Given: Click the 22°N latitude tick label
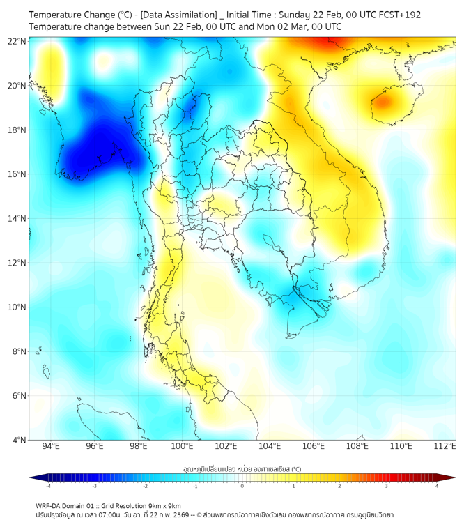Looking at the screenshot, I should (17, 41).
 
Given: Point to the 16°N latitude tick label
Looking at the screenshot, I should (17, 174).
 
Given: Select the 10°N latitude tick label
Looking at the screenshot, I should (17, 307).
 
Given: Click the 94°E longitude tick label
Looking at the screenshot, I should (51, 447).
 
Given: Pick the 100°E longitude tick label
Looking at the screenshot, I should (182, 447).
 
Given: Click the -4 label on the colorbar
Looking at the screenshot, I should (48, 487).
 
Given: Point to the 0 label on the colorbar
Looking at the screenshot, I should (242, 487).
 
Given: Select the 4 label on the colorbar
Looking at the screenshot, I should (437, 487).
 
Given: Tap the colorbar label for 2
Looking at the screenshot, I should (339, 487).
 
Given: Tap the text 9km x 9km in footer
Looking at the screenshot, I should (165, 505).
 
